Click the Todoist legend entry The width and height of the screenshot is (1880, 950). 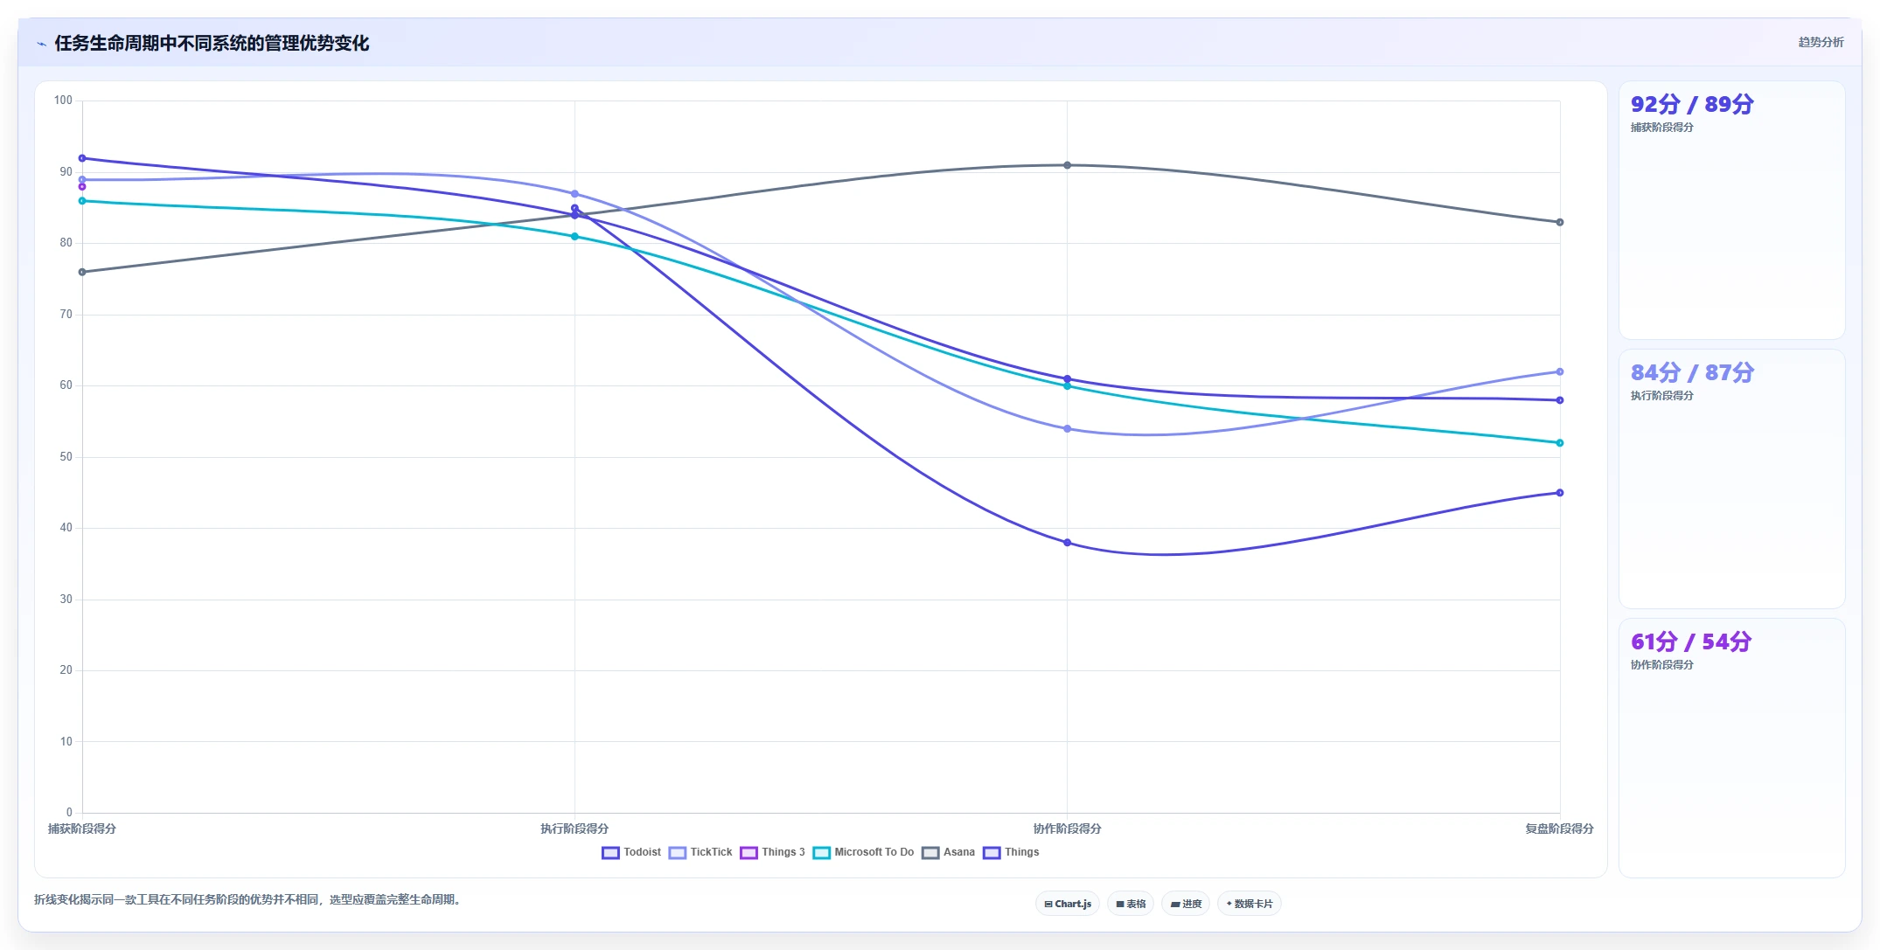coord(631,852)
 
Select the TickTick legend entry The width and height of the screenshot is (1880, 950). coord(700,852)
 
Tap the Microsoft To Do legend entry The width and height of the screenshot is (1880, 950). coord(863,852)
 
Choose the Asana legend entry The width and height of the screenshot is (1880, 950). coord(948,852)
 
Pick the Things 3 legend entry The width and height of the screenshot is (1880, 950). coord(772,852)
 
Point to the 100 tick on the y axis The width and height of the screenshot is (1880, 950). coord(63,101)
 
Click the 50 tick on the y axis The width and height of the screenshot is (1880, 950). coord(66,457)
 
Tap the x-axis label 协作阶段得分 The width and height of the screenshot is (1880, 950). coord(1067,829)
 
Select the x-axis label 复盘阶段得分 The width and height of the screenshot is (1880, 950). coord(1559,829)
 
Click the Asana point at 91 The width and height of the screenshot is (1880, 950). coord(1067,165)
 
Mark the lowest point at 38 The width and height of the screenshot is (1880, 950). coord(1067,543)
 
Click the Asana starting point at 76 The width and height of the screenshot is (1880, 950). coord(82,272)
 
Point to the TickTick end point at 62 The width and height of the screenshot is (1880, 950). coord(1559,372)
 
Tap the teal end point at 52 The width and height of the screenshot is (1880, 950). coord(1559,443)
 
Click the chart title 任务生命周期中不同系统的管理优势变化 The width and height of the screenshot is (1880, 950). coord(212,43)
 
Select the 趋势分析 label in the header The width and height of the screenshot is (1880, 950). coord(1821,42)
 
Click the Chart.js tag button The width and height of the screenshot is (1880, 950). coord(1068,904)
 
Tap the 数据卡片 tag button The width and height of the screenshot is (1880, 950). coord(1249,904)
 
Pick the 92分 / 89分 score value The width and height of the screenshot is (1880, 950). coord(1692,105)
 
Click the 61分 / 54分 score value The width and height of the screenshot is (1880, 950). coord(1691,642)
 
